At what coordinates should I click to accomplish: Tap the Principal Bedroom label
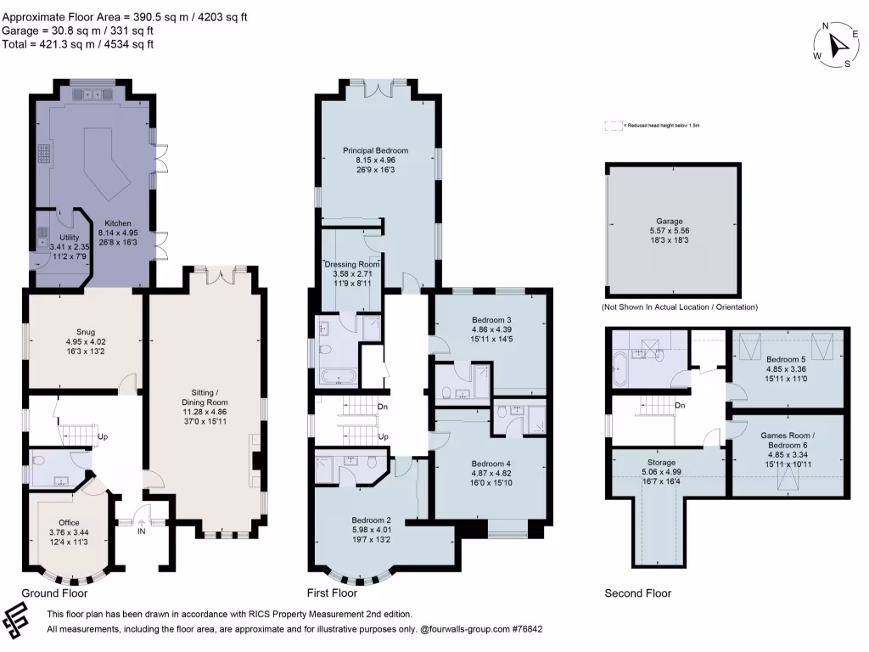point(376,150)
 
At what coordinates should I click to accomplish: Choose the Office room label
point(69,522)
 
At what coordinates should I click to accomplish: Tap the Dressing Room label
point(352,265)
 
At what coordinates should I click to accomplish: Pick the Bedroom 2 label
point(372,520)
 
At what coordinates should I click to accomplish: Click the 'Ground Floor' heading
point(54,593)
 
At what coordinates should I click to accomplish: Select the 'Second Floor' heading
point(637,593)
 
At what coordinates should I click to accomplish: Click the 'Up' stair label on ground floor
point(103,437)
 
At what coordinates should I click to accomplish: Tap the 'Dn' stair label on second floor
point(680,406)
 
